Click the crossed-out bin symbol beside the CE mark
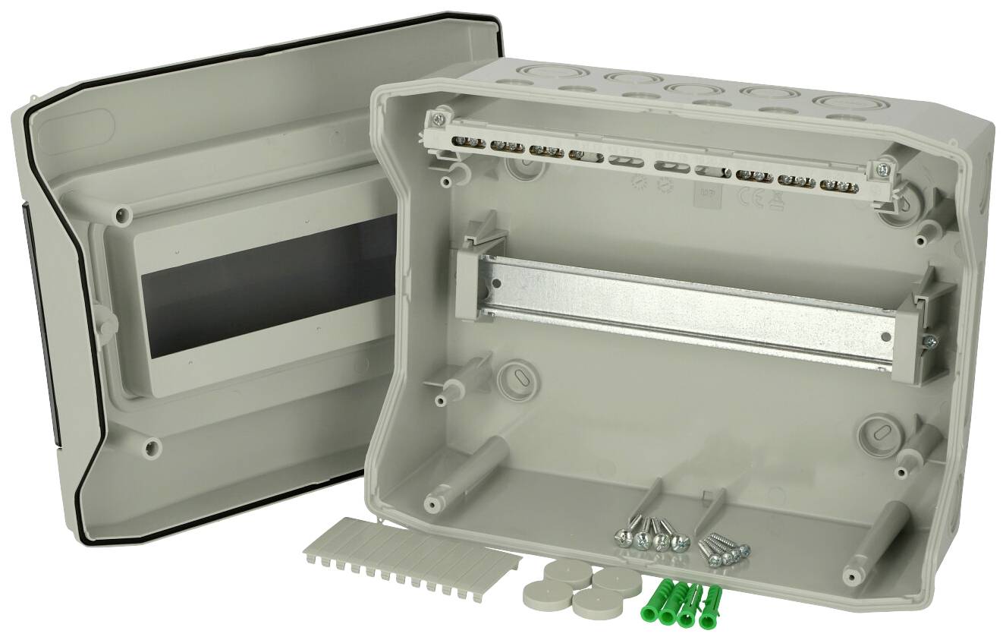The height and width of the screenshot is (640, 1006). (x=775, y=199)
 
